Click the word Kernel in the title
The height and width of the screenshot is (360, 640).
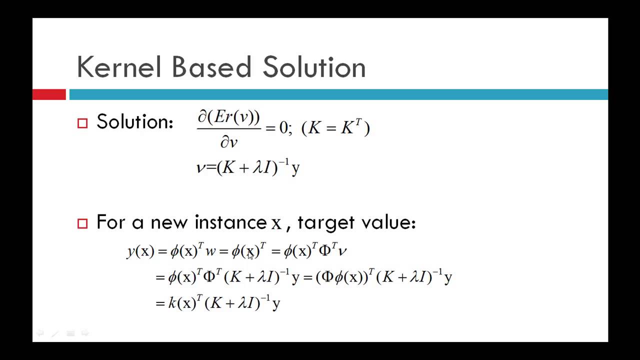[x=119, y=67]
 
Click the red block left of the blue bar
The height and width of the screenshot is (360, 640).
[x=49, y=94]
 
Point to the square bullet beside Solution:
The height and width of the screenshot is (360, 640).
[x=82, y=123]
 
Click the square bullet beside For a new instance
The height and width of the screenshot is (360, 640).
[x=82, y=223]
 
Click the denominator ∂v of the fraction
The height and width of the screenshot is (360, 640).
[x=228, y=142]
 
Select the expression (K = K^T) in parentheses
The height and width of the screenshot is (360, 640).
[x=335, y=128]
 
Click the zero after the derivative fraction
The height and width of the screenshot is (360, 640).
[x=283, y=128]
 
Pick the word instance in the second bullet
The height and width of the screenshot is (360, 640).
[x=230, y=222]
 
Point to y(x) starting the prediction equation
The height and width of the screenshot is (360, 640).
[x=140, y=251]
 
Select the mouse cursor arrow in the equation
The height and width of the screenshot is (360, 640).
[x=250, y=255]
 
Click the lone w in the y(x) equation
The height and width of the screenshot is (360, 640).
[x=210, y=251]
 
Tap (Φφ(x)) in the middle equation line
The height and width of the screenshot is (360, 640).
[x=341, y=277]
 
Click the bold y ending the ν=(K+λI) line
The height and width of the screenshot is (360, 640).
[x=295, y=168]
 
